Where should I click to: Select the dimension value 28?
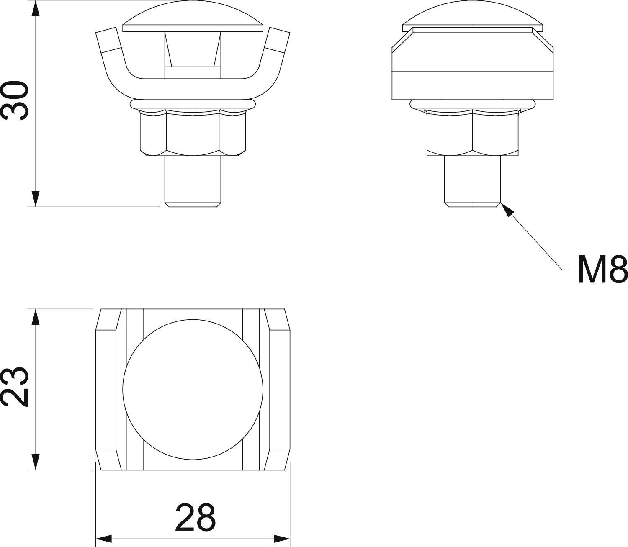195,517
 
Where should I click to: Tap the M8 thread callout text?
602,270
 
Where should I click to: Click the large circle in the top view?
193,390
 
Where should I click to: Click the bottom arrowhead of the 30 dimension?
36,198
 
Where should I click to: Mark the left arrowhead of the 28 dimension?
104,538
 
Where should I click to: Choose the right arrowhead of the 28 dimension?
282,538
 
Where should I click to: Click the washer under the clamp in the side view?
473,103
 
